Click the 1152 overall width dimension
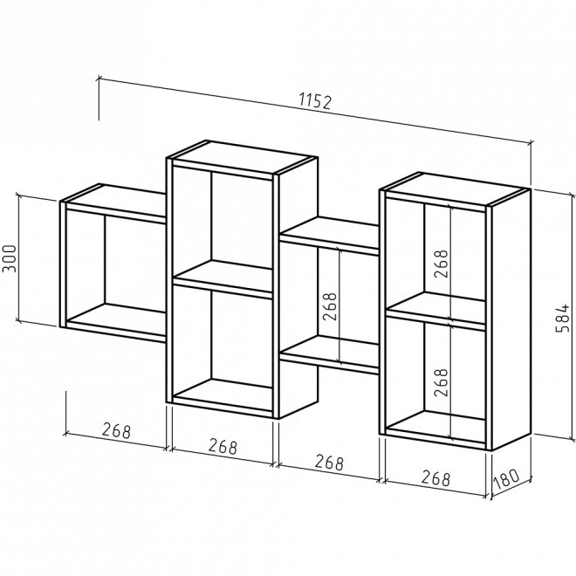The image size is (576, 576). pyautogui.click(x=316, y=102)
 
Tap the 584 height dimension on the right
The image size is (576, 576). pyautogui.click(x=562, y=318)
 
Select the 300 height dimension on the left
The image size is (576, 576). pyautogui.click(x=10, y=258)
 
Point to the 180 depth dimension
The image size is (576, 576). pyautogui.click(x=506, y=479)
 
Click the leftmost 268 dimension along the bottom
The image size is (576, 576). pyautogui.click(x=116, y=430)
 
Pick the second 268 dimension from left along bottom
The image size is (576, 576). pyautogui.click(x=223, y=446)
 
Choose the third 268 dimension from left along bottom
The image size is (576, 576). pyautogui.click(x=329, y=463)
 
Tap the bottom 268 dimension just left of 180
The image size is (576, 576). pyautogui.click(x=435, y=478)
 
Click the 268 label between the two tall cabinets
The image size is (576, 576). pyautogui.click(x=330, y=306)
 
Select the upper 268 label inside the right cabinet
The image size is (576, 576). pyautogui.click(x=442, y=264)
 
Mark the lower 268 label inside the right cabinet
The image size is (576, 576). pyautogui.click(x=442, y=382)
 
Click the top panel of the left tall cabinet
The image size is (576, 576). pyautogui.click(x=242, y=157)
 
